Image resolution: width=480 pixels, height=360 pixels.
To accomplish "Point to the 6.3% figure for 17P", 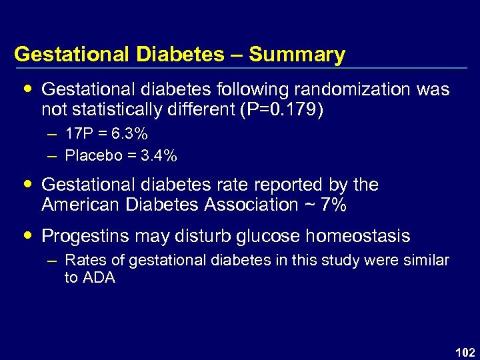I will tap(129, 134).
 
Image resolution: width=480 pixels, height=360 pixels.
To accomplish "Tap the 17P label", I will tap(77, 134).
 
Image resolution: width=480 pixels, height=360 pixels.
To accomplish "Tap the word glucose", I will tap(262, 236).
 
